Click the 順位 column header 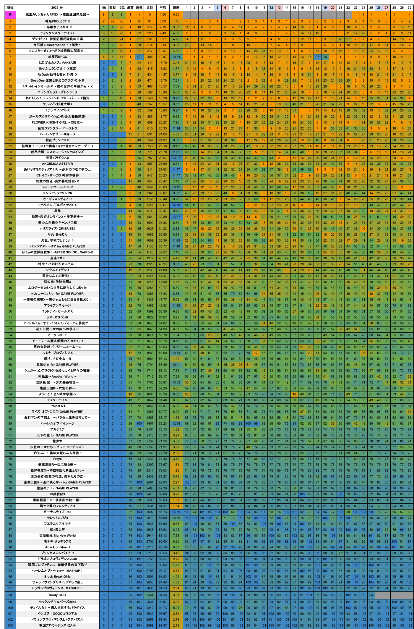coord(10,8)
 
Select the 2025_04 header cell coord(57,8)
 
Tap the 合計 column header coord(150,8)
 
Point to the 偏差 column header coord(176,8)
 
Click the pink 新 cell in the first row coord(10,14)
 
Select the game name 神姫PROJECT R coord(57,21)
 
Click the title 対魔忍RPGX coord(57,57)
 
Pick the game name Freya coord(57,459)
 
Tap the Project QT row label coord(57,406)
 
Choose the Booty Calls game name coord(57,595)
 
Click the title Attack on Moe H coord(57,547)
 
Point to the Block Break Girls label coord(57,577)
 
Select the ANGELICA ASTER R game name coord(57,164)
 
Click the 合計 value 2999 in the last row coord(150,625)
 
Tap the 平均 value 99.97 coord(163,625)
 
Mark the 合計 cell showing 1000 coord(150,223)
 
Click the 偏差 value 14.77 coord(176,170)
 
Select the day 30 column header coord(409,8)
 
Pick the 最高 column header coord(130,8)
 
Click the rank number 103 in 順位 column coord(10,625)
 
